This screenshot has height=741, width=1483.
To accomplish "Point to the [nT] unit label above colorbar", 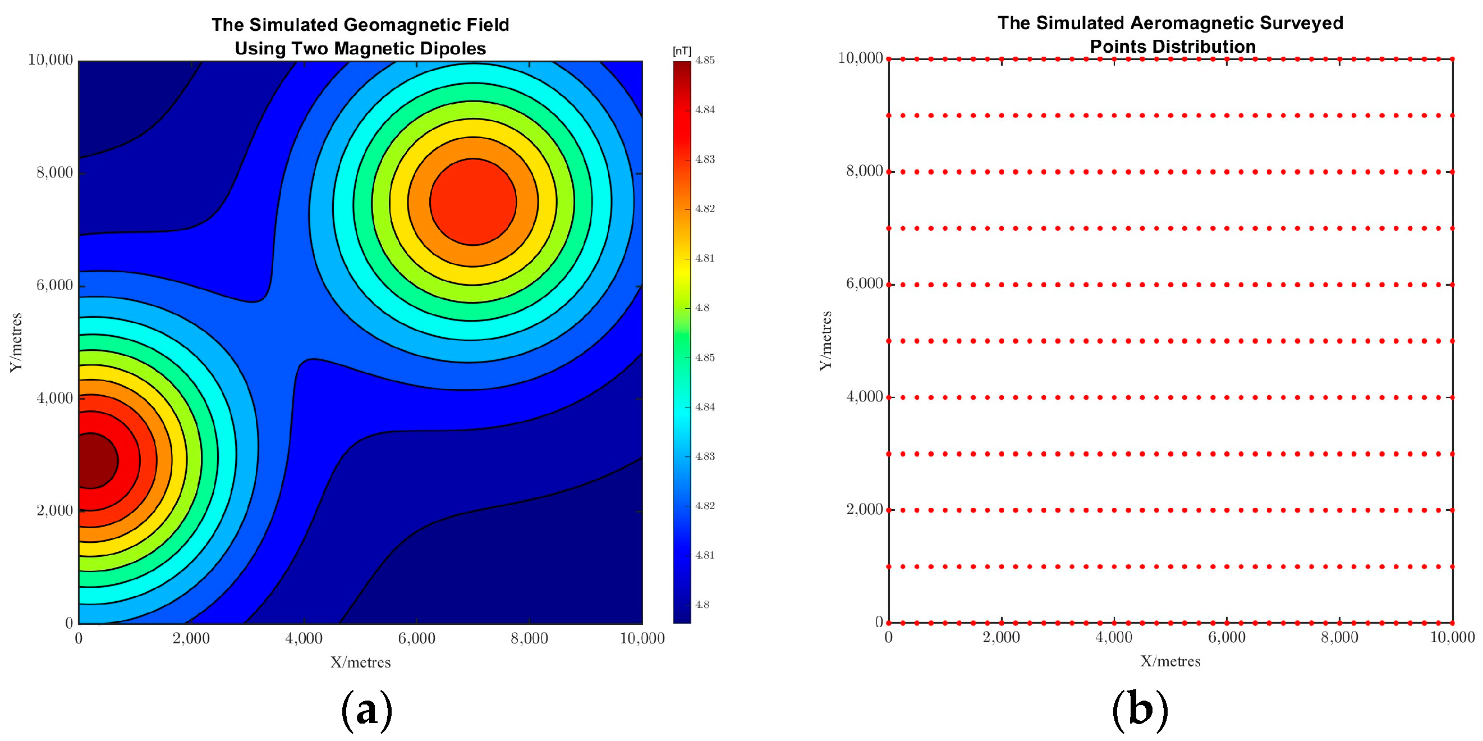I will pos(682,51).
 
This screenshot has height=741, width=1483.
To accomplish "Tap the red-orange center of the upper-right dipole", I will pos(472,202).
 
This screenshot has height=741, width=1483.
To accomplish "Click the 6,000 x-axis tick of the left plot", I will pos(416,638).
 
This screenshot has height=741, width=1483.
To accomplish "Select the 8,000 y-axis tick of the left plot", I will pos(54,173).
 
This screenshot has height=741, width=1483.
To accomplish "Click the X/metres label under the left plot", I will pos(360,663).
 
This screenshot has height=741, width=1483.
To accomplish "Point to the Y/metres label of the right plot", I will pos(826,341).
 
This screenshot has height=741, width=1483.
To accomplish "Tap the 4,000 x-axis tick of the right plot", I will pos(1114,637).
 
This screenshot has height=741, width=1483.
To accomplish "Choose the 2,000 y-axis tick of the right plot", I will pos(864,510).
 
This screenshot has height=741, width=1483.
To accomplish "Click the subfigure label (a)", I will pos(367,710).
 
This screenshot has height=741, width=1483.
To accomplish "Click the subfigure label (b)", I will pos(1139,710).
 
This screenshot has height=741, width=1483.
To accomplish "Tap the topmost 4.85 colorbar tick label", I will pos(705,61).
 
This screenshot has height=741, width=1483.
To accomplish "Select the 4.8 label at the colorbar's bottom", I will pos(703,605).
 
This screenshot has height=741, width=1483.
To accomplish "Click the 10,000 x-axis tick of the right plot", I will pos(1452,637).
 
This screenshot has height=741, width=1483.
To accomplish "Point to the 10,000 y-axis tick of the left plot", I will pos(50,60).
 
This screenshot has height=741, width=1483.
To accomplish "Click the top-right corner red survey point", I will pos(1453,59).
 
